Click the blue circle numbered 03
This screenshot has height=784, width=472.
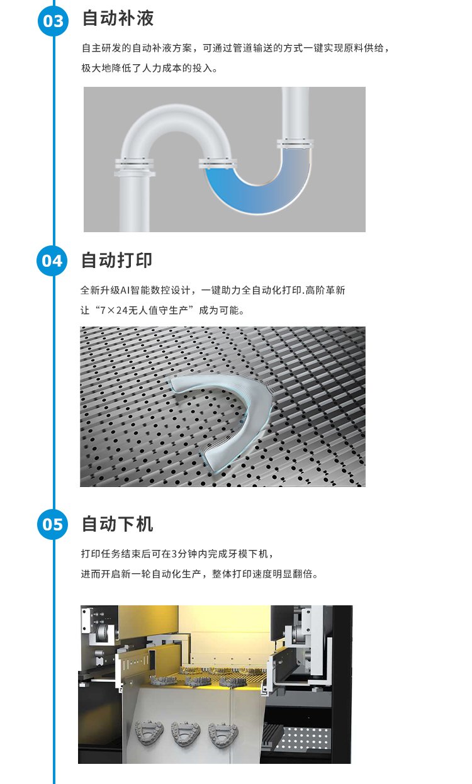tap(53, 21)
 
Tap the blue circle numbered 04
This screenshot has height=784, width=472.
tap(52, 260)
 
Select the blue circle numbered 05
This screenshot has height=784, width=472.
tap(52, 524)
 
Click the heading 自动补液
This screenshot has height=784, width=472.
tap(118, 18)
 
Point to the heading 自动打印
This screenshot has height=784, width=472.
tap(116, 260)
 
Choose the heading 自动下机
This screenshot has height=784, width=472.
tap(117, 524)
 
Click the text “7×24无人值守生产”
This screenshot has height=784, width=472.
tap(147, 310)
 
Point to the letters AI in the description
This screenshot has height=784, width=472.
tap(125, 290)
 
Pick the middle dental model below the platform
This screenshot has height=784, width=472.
tap(186, 734)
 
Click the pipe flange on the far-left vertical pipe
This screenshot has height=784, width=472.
tap(135, 167)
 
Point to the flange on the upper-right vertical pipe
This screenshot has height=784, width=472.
tap(295, 143)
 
